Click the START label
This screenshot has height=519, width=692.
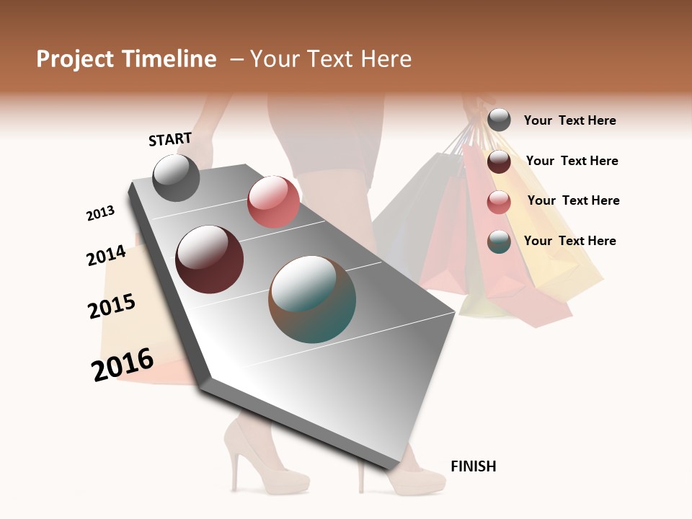tap(170, 139)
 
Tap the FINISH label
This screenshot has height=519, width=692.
tap(473, 466)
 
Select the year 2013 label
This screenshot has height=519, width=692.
tap(101, 213)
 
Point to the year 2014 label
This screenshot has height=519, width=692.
tap(106, 255)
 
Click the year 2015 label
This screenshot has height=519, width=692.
tap(112, 306)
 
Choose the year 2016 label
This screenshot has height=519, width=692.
tap(123, 365)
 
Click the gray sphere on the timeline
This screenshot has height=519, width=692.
tap(176, 177)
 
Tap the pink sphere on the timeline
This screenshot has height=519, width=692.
tap(273, 202)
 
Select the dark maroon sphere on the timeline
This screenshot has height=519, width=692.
tap(209, 259)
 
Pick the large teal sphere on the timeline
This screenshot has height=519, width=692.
tap(312, 299)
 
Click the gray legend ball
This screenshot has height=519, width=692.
tap(499, 120)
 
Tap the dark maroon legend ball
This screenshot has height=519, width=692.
tap(499, 161)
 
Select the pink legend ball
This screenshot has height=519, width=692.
tap(499, 202)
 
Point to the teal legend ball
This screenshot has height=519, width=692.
tap(499, 241)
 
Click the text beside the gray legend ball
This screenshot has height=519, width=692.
tap(569, 121)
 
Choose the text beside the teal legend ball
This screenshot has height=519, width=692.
tap(569, 241)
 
